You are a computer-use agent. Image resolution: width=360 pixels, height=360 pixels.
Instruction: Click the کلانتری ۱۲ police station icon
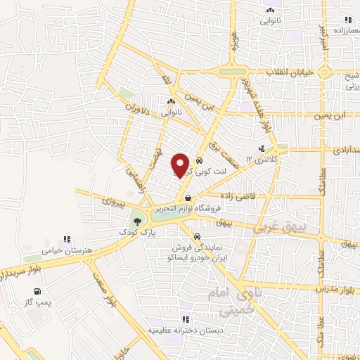262,148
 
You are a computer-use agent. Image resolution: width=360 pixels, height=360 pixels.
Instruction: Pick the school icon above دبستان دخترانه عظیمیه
185,319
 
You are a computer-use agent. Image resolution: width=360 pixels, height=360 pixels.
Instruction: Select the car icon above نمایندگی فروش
198,237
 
